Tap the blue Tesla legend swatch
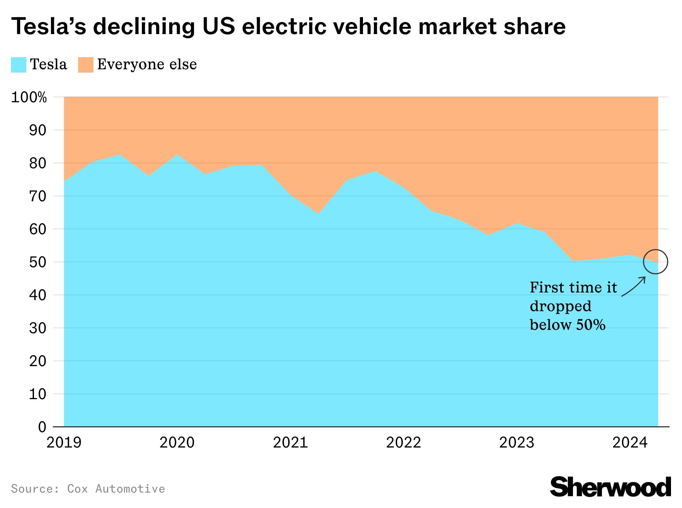[18, 65]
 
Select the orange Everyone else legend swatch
[85, 65]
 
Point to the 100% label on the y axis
[29, 97]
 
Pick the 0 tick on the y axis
[42, 427]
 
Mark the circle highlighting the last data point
[656, 262]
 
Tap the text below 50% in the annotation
[567, 325]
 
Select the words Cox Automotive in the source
[116, 489]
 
